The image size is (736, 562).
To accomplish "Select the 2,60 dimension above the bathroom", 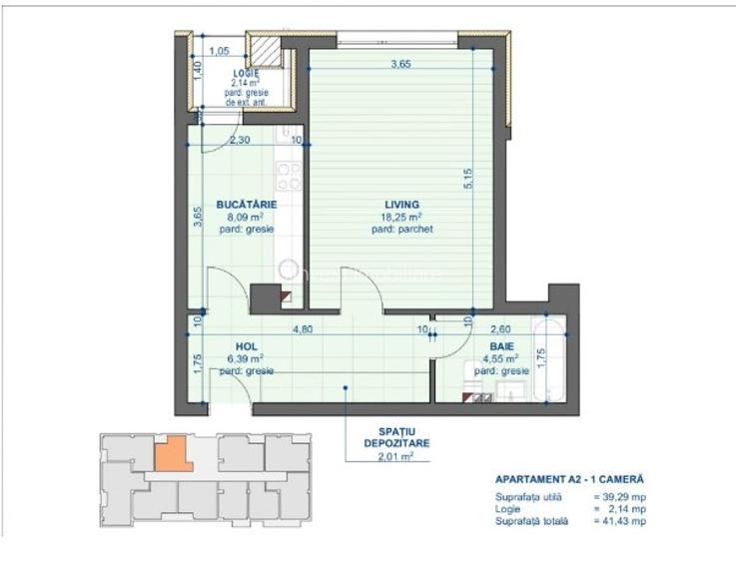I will [500, 326].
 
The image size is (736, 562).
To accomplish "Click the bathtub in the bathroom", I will [550, 361].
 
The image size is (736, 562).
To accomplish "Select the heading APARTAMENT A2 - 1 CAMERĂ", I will [569, 479].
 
